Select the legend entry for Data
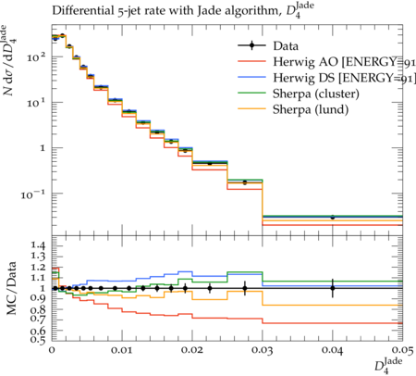268,46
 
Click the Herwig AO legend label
345,62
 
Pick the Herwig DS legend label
345,78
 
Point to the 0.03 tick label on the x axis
263,350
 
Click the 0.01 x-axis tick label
122,350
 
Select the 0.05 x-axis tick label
402,350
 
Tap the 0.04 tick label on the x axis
333,350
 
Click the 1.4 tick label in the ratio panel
39,245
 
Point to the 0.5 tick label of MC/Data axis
39,339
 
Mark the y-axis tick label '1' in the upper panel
43,148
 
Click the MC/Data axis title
12,288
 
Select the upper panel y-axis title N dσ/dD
9,60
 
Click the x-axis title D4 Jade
388,365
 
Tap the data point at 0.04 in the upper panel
333,218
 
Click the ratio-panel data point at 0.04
333,288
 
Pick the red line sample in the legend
251,62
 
